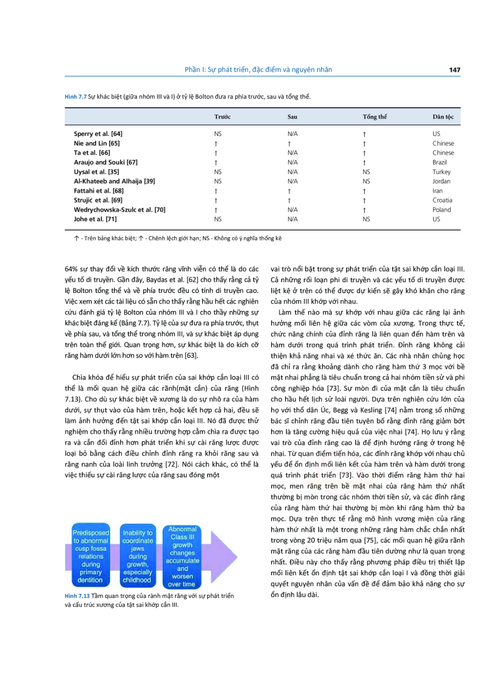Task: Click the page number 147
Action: tap(454, 70)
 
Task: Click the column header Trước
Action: tap(222, 117)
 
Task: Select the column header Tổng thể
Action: tap(374, 117)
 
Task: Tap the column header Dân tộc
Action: tap(443, 117)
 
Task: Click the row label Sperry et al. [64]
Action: tap(98, 134)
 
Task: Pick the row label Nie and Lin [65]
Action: tap(97, 143)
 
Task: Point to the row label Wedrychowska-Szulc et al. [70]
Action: tap(120, 210)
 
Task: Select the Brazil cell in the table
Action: tap(439, 162)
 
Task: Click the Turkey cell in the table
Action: tap(441, 172)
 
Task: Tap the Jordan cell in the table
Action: tap(441, 181)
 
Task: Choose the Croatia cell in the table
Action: tap(442, 200)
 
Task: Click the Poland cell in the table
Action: tap(441, 210)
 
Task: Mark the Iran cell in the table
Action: tap(437, 191)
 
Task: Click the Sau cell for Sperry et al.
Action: tap(292, 134)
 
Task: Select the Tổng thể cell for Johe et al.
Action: tap(366, 219)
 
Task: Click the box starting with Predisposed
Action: tap(91, 556)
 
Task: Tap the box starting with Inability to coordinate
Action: tap(137, 556)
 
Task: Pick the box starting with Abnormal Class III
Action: tap(182, 556)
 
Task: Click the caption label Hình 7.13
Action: tap(77, 596)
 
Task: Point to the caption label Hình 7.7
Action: tap(75, 97)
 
